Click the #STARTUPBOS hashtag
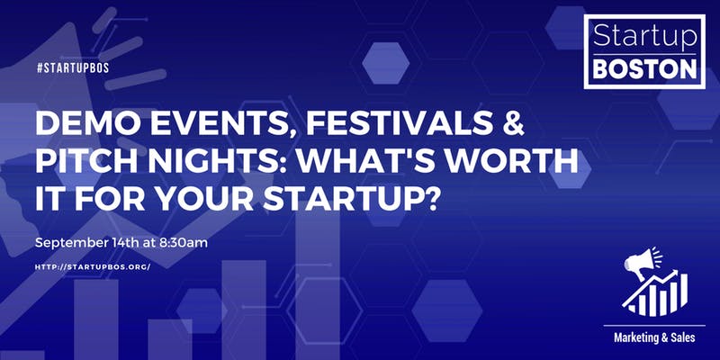[73, 68]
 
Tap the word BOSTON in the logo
[644, 69]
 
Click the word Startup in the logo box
[644, 36]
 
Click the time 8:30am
[184, 243]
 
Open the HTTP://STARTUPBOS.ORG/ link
[93, 266]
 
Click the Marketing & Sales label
[654, 338]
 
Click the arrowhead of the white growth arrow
[674, 274]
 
